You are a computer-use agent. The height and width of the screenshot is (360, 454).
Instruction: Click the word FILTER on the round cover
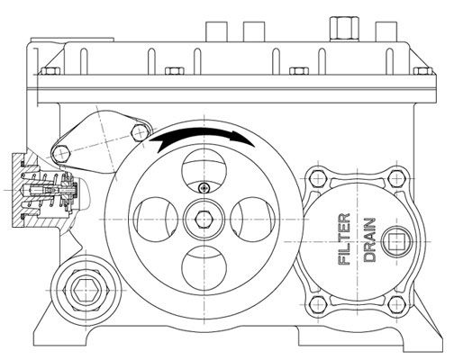(x=344, y=239)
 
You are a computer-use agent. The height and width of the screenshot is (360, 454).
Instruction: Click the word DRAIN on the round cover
(x=370, y=240)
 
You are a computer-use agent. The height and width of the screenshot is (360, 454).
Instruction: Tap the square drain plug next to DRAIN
(x=396, y=242)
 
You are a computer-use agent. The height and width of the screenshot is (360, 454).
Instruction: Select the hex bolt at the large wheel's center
(x=204, y=220)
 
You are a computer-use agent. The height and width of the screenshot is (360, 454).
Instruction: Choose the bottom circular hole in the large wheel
(x=204, y=268)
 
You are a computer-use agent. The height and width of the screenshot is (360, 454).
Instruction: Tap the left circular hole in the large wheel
(x=156, y=220)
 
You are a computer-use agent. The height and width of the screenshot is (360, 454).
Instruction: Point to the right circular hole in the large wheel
(x=252, y=220)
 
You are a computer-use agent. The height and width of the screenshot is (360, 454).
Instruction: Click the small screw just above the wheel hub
(x=204, y=188)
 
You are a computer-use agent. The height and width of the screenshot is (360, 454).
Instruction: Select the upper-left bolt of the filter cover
(x=318, y=179)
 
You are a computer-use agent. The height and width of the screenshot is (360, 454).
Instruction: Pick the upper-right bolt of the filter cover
(x=396, y=179)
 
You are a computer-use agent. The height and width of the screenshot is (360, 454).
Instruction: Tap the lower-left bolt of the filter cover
(x=318, y=305)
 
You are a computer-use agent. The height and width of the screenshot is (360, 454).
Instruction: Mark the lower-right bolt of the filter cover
(x=396, y=305)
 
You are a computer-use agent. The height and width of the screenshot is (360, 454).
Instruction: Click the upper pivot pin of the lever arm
(x=140, y=131)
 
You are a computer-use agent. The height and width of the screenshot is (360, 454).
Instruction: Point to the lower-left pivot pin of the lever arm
(x=61, y=153)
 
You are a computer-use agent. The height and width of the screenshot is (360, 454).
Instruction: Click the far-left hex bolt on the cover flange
(x=50, y=71)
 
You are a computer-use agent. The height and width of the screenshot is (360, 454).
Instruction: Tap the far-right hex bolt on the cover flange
(x=423, y=71)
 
